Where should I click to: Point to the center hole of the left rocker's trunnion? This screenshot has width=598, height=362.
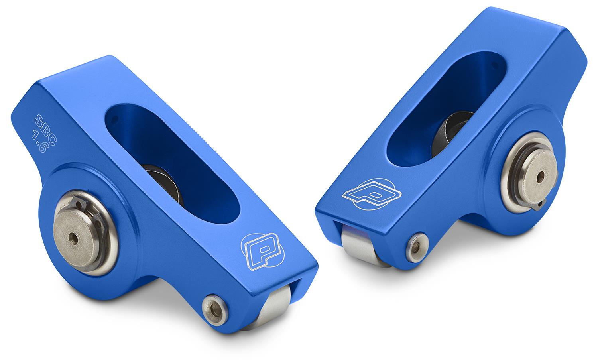(x=73, y=238)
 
